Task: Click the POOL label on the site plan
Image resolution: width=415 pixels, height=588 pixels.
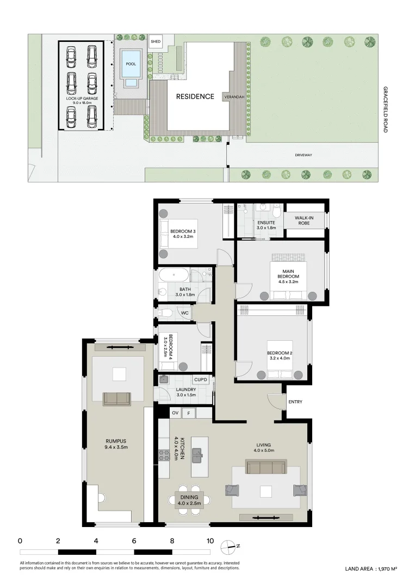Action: click(x=131, y=64)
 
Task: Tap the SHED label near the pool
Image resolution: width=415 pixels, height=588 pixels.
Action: click(x=156, y=41)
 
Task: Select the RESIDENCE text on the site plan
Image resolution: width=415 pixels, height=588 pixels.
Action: click(x=195, y=97)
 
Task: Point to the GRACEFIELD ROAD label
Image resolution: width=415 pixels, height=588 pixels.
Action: click(x=385, y=109)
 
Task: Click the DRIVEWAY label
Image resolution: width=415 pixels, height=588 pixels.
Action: click(x=303, y=155)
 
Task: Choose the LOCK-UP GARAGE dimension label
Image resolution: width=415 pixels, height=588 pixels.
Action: click(x=81, y=100)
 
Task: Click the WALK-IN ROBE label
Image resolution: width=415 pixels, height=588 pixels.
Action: click(x=303, y=220)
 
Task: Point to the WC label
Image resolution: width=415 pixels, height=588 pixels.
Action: click(x=184, y=313)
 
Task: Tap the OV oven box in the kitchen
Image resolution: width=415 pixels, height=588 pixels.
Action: click(x=175, y=413)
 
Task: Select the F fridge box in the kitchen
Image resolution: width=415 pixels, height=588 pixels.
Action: click(x=189, y=413)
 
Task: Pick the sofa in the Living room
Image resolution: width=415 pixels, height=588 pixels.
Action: click(x=265, y=467)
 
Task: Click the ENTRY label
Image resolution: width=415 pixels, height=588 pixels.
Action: click(x=296, y=402)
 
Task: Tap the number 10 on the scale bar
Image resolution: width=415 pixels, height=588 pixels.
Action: click(x=209, y=541)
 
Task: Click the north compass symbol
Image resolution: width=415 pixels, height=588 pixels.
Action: click(x=228, y=546)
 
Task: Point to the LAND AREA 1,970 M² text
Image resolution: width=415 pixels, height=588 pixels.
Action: click(x=371, y=569)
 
